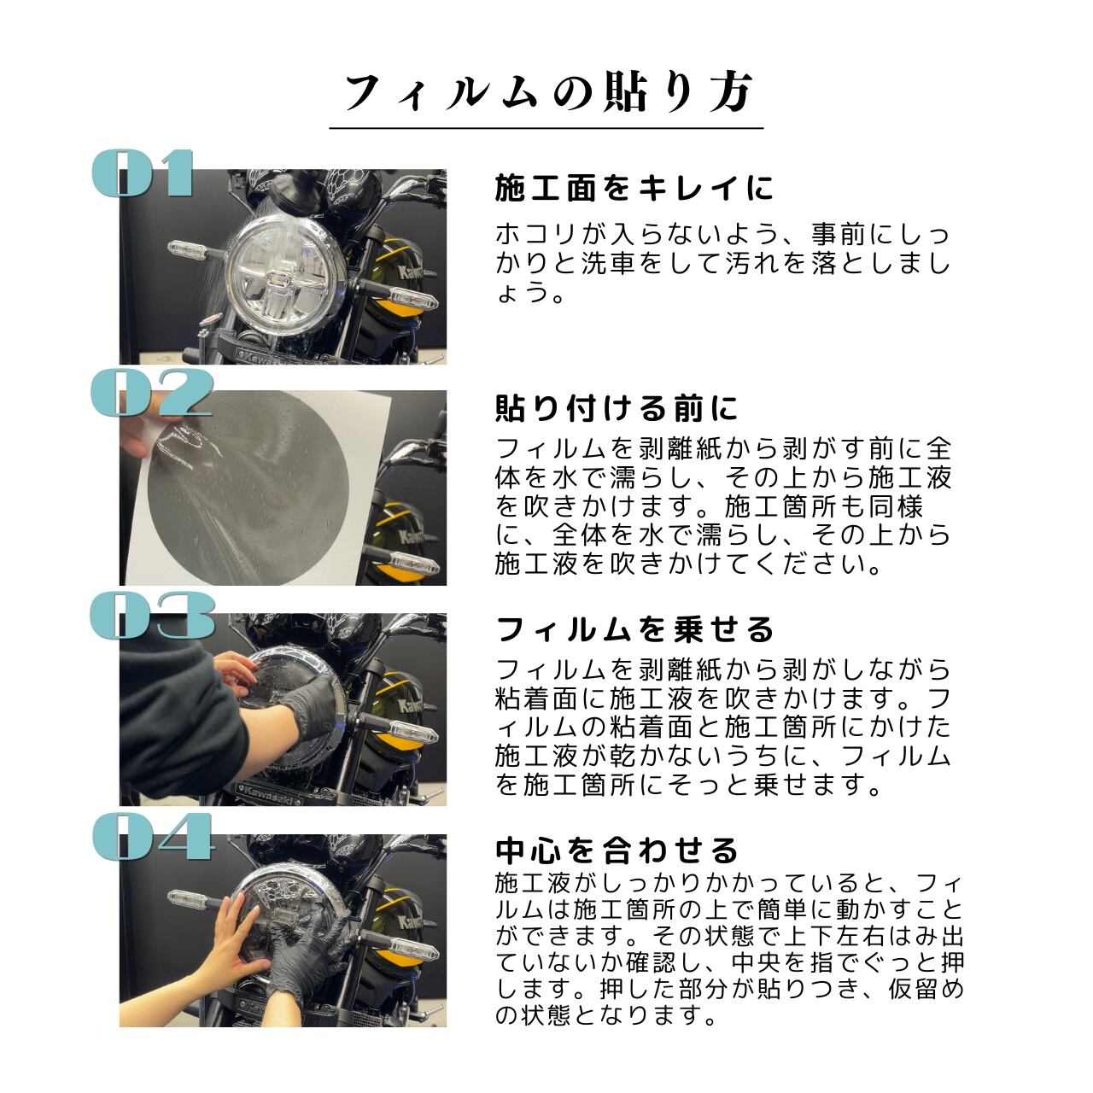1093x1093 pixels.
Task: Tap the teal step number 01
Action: (x=143, y=173)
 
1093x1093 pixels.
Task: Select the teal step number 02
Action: (x=151, y=393)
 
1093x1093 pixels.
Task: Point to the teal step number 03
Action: (x=152, y=615)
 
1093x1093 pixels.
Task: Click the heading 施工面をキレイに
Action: (x=634, y=189)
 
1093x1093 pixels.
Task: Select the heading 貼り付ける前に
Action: (x=617, y=408)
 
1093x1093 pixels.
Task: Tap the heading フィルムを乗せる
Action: (x=634, y=629)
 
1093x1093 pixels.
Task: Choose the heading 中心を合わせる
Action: (x=617, y=850)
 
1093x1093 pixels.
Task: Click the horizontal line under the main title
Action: (x=546, y=128)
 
